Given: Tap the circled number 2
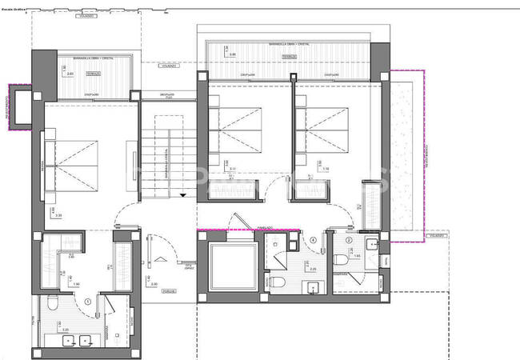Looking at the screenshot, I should pyautogui.click(x=349, y=242).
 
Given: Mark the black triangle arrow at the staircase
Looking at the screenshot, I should pyautogui.click(x=183, y=194).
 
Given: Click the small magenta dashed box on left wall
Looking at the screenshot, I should pyautogui.click(x=17, y=105).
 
